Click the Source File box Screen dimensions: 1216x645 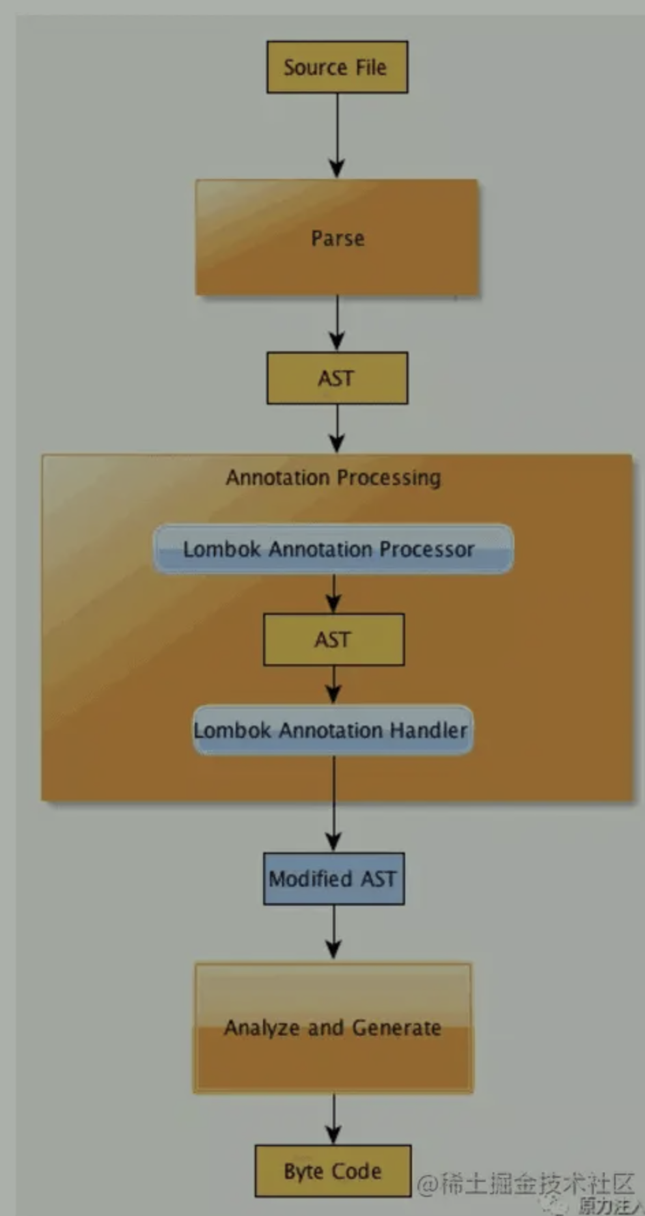click(337, 67)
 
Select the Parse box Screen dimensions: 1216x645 click(337, 238)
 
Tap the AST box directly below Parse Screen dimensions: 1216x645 click(337, 378)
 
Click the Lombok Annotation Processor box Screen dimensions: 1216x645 click(333, 549)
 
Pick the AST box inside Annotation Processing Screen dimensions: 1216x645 click(333, 639)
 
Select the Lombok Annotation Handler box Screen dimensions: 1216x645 click(333, 730)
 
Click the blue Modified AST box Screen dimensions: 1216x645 click(333, 879)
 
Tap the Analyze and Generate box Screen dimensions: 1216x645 click(333, 1027)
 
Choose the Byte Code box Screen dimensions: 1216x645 click(333, 1171)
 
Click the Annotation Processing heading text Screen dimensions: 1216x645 click(333, 478)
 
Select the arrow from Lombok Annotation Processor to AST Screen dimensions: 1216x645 click(333, 593)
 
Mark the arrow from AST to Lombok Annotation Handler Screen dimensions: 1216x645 click(333, 685)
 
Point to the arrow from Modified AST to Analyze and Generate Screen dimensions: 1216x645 click(333, 932)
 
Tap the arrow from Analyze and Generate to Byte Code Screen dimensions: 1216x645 click(333, 1118)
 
